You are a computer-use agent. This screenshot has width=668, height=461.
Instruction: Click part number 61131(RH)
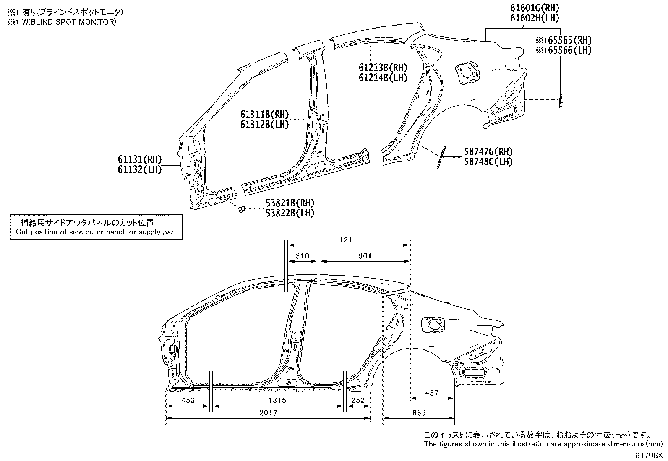(140, 159)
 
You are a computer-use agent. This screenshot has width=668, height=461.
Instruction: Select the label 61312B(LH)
(264, 124)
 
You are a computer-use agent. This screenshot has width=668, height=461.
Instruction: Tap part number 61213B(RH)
(383, 68)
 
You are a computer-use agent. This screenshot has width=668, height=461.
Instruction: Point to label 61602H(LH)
(535, 18)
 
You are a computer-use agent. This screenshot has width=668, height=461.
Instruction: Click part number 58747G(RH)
(488, 152)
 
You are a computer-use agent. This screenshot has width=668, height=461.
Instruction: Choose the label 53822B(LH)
(290, 213)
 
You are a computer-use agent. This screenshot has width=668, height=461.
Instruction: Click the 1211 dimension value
(348, 240)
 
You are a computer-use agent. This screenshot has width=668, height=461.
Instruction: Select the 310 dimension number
(303, 256)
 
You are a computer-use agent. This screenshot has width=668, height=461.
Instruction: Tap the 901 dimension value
(365, 256)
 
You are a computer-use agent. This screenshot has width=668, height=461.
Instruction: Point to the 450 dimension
(188, 400)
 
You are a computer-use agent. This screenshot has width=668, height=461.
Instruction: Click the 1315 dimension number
(277, 400)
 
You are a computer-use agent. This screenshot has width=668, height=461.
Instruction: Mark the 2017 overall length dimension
(268, 413)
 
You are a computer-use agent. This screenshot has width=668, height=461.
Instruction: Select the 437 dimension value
(432, 393)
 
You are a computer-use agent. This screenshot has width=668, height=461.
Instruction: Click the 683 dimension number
(419, 413)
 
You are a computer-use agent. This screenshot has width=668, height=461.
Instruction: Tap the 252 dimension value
(358, 400)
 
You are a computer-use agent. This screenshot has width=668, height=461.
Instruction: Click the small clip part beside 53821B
(241, 209)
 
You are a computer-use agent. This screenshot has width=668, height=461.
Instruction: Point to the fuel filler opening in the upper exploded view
(467, 72)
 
